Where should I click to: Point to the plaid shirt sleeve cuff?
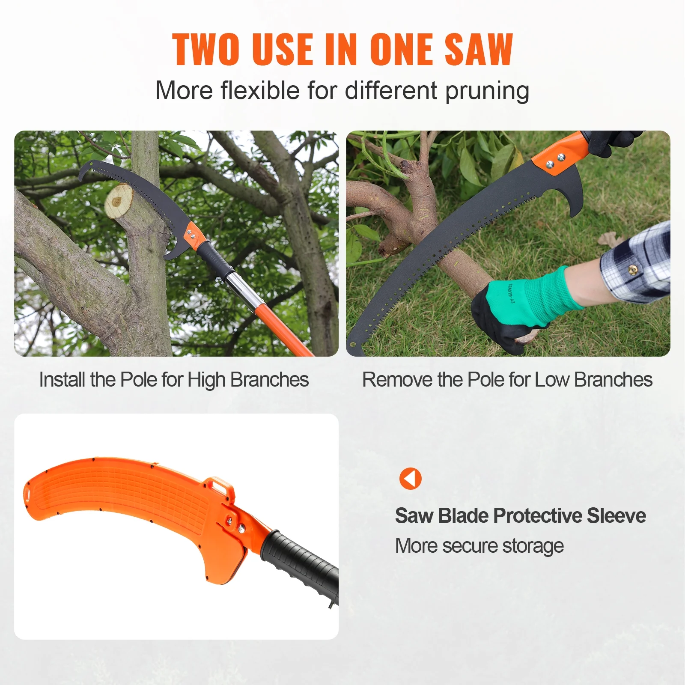coord(634,265)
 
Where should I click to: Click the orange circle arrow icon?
coord(410,479)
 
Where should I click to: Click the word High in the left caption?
coord(206,380)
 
